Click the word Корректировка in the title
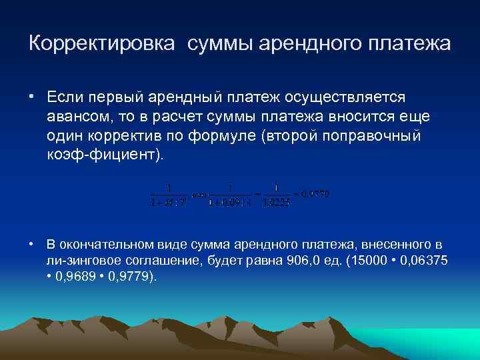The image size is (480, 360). (103, 44)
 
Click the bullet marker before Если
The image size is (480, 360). (31, 97)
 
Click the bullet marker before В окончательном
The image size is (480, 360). (31, 245)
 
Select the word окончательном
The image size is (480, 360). (105, 245)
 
